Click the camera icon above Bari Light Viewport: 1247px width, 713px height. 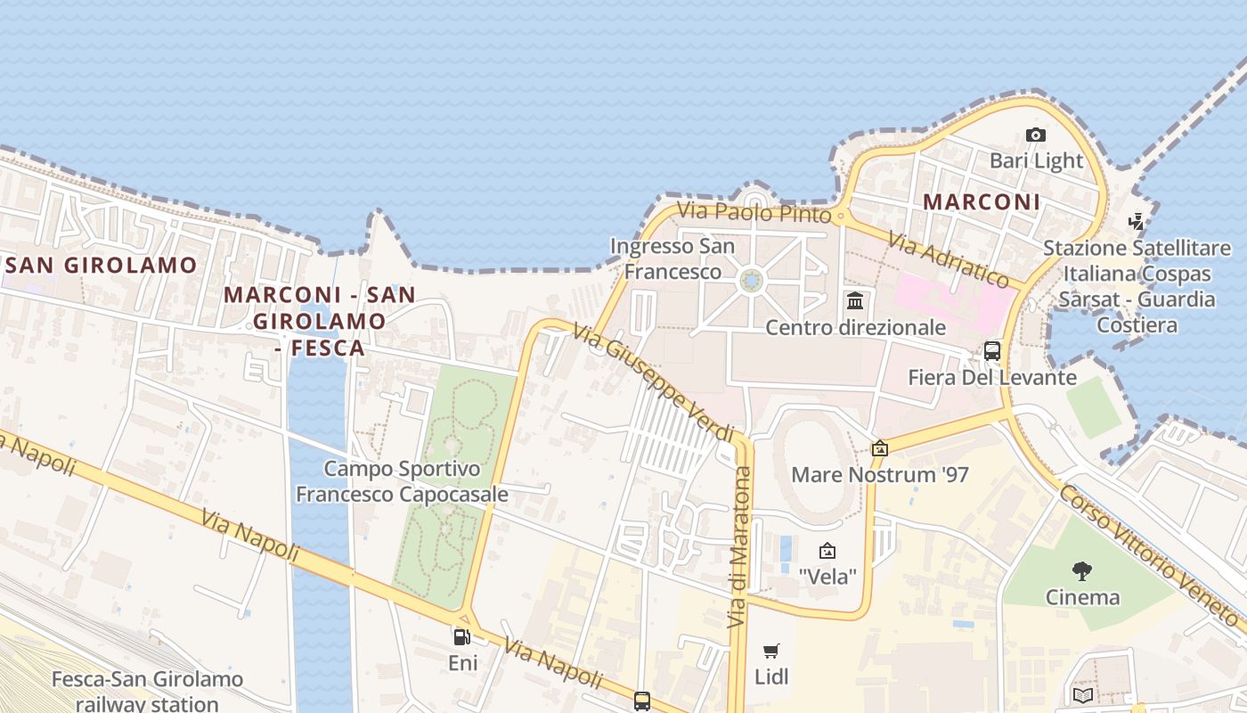(x=1035, y=135)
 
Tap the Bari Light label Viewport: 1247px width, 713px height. (x=1036, y=161)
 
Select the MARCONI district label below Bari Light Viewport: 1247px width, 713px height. (x=981, y=202)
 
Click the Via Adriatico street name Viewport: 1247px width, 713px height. (x=949, y=260)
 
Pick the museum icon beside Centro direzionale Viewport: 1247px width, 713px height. (x=855, y=299)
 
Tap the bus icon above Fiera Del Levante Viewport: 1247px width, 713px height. (x=992, y=351)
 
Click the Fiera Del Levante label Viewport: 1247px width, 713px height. (x=992, y=378)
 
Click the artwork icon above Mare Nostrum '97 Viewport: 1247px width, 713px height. (x=880, y=448)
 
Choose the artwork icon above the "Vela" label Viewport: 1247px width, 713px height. (x=827, y=551)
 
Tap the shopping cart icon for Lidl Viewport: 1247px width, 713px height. (x=771, y=652)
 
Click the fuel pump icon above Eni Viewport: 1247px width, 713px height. (x=462, y=636)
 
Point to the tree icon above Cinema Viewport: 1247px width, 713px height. (x=1082, y=570)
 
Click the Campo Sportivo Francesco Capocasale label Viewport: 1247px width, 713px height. (x=403, y=481)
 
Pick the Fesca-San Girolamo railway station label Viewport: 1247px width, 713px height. (x=147, y=692)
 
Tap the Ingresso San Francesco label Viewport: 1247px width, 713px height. (x=672, y=258)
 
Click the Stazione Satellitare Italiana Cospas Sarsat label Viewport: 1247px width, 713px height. (x=1129, y=286)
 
